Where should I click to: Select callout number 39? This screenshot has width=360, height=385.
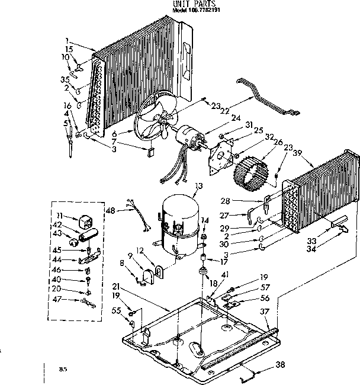pyautogui.click(x=298, y=153)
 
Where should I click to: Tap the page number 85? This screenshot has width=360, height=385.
pyautogui.click(x=62, y=369)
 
